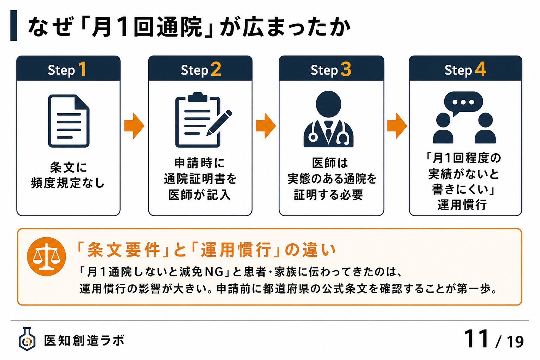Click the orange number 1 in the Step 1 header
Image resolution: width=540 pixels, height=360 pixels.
point(83,69)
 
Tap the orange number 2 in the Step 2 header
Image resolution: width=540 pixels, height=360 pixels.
point(216,69)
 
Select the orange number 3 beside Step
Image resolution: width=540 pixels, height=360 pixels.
point(346,69)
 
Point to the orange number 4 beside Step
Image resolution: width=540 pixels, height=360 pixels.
point(481,69)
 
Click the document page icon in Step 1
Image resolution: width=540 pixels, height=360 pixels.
point(69,121)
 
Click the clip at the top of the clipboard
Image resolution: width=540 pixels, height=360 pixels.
point(198,97)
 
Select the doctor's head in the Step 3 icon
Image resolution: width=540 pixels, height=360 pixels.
point(328,104)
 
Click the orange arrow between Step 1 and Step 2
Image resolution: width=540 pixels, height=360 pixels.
point(134,126)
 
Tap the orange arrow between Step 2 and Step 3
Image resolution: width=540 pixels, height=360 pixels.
point(266,126)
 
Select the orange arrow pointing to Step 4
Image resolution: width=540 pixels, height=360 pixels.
point(397,126)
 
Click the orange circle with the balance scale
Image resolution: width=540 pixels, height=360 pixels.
point(46,256)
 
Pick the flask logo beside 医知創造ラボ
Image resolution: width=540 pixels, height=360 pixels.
point(27,339)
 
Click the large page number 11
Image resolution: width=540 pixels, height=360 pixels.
point(476,339)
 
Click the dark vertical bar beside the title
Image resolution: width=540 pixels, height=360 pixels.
point(14,26)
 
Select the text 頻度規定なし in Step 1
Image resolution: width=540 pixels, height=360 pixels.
point(68,183)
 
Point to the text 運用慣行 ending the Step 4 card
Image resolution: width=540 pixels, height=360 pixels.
point(462,205)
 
